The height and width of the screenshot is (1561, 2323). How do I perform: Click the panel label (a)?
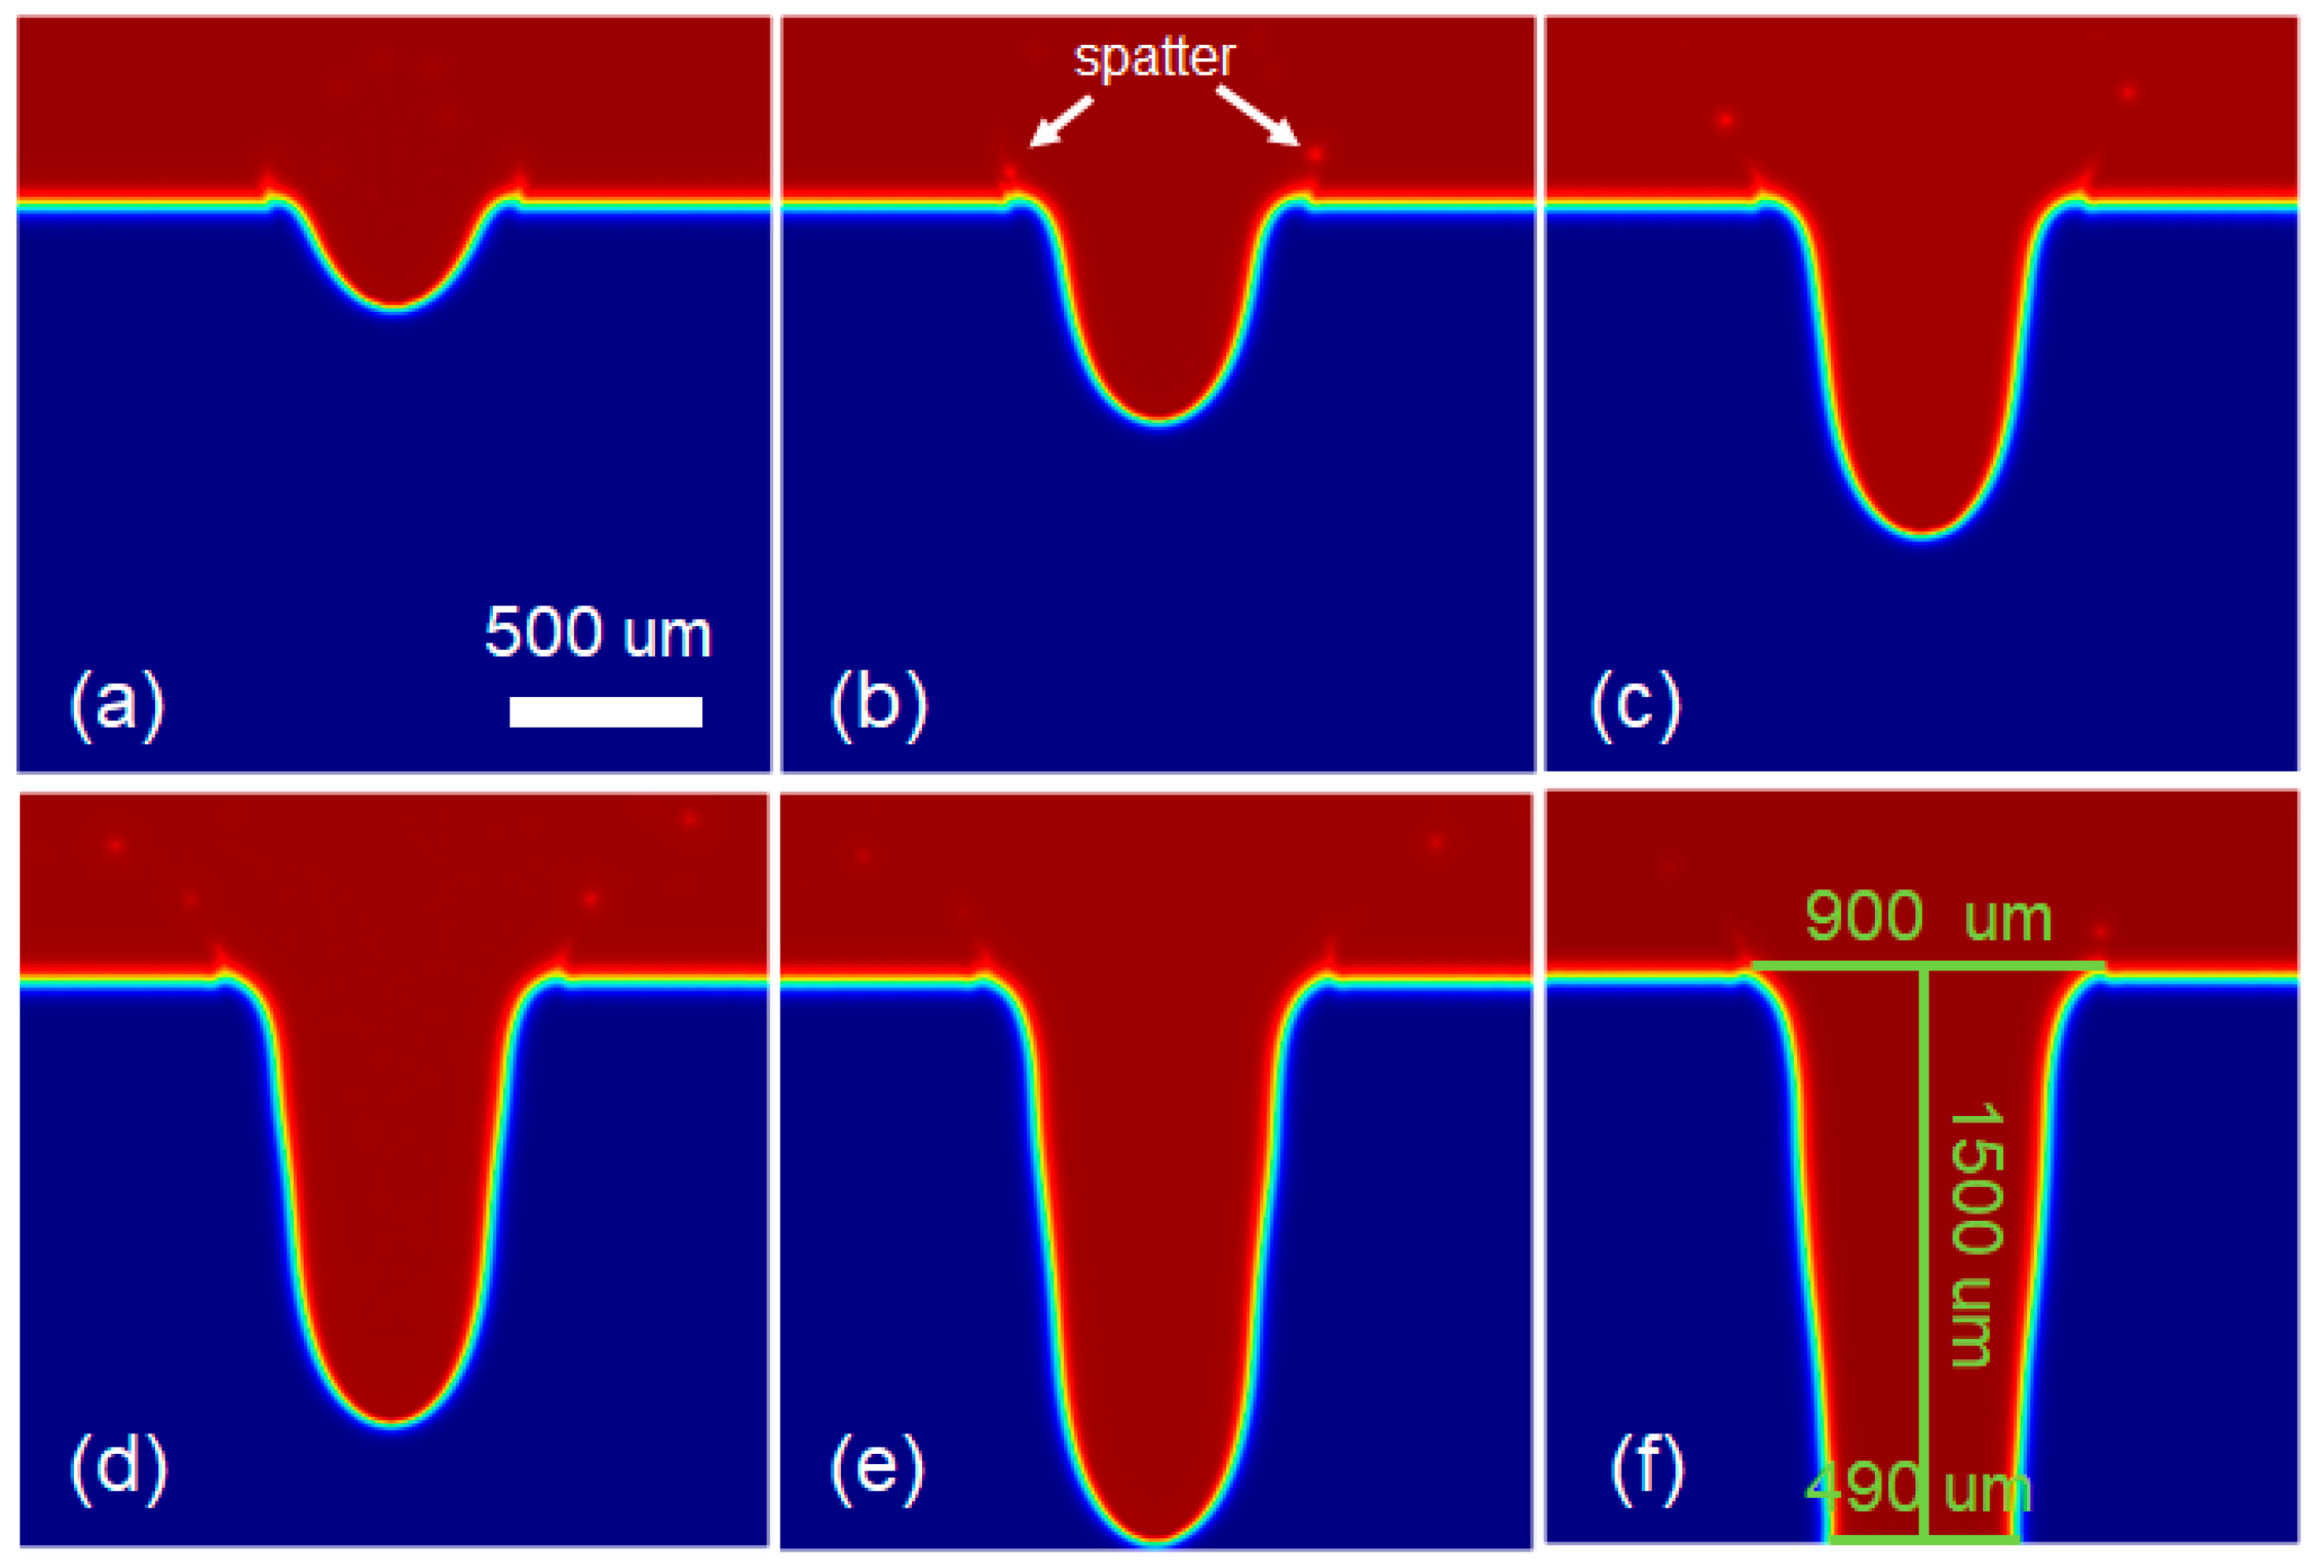coord(117,705)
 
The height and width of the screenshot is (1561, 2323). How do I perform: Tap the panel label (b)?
coord(879,705)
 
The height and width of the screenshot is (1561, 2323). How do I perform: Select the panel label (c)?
coord(1636,705)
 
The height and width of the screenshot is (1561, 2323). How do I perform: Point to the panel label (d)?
coord(118,1467)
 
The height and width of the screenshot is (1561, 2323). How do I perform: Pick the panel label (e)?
coord(877,1467)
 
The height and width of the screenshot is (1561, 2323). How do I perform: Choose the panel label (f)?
coord(1647,1467)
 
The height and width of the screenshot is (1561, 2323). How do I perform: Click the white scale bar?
coord(605,712)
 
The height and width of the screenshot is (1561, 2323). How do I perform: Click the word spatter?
coord(1154,57)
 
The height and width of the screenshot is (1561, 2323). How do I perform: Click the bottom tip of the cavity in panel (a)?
coord(395,308)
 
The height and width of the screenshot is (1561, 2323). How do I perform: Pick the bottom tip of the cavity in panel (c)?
coord(1923,536)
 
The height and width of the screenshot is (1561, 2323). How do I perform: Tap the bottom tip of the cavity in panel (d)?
coord(395,1425)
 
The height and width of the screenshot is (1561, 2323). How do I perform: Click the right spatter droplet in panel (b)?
coord(1316,154)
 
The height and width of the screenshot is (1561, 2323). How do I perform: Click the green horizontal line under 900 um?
coord(1928,965)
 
